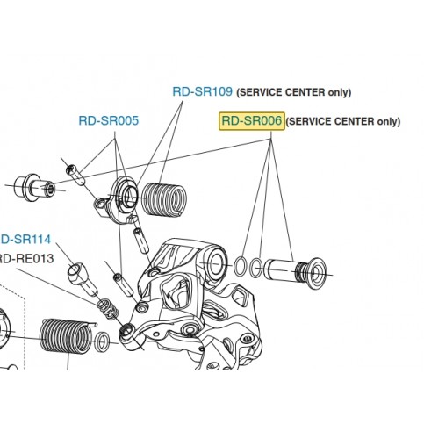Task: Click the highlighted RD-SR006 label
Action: tap(252, 121)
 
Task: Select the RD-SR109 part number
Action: tap(203, 91)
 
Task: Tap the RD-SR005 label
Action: tap(109, 120)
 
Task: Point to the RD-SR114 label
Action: tap(25, 240)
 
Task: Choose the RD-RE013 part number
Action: tap(26, 259)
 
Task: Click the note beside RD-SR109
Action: tap(293, 92)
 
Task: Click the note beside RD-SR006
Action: tap(343, 121)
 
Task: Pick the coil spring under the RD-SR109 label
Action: tap(164, 199)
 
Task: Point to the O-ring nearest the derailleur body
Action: tap(240, 266)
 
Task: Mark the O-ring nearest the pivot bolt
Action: tap(255, 268)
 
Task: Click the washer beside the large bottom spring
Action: tap(102, 341)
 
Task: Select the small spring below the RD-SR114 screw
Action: tap(107, 310)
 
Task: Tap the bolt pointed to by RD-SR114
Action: tap(83, 278)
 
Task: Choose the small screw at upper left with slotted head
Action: tap(75, 175)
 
